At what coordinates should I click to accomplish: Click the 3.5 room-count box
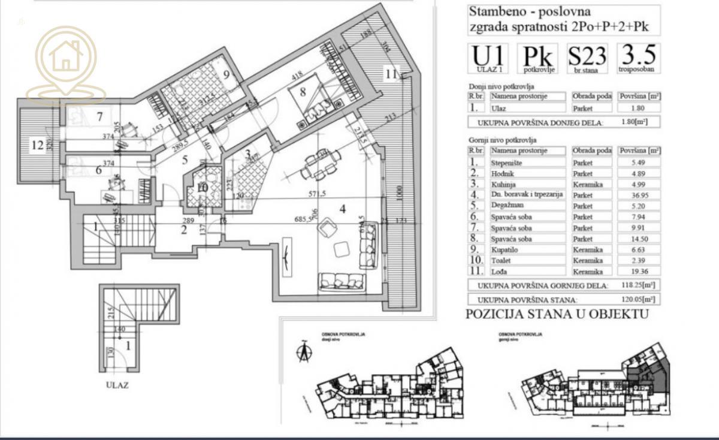coord(638,58)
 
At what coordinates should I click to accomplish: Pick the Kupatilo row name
coord(506,249)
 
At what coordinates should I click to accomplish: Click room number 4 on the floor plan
coord(342,209)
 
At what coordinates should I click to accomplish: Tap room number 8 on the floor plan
coord(303,92)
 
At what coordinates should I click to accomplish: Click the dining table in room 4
coord(315,165)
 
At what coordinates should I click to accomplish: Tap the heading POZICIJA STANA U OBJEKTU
coord(557,314)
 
